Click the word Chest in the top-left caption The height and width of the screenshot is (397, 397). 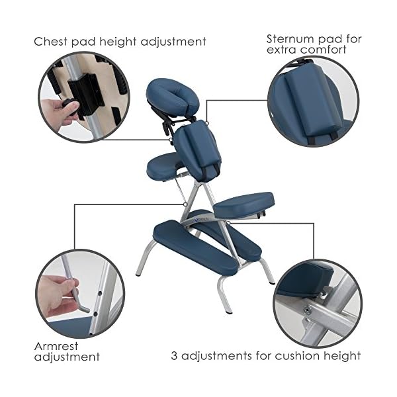(51, 42)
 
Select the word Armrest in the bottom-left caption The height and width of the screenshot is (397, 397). (56, 346)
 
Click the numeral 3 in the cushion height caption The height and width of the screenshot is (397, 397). (174, 356)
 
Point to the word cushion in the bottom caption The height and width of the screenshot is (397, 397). (298, 356)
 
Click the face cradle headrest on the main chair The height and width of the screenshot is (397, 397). (173, 95)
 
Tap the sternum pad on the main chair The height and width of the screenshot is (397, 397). (197, 151)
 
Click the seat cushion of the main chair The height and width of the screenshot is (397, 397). (243, 205)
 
